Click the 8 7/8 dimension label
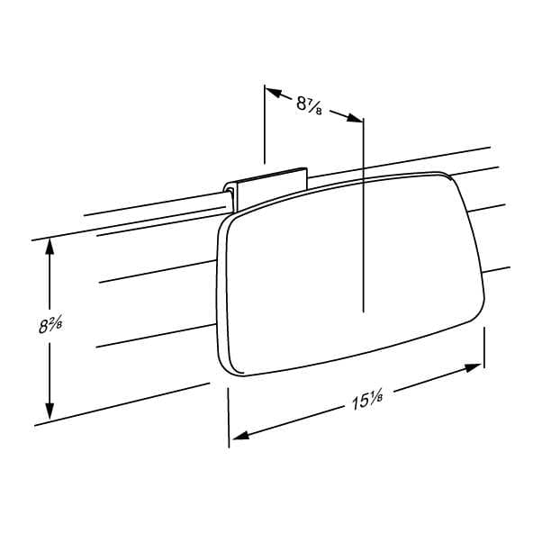pyautogui.click(x=309, y=105)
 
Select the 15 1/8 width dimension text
pyautogui.click(x=367, y=401)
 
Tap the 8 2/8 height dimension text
pyautogui.click(x=50, y=325)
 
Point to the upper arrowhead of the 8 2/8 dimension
pyautogui.click(x=50, y=247)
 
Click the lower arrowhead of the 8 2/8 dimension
pyautogui.click(x=50, y=411)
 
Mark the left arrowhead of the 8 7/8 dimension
pyautogui.click(x=274, y=93)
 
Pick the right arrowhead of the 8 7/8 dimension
pyautogui.click(x=355, y=118)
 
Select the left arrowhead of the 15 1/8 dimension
pyautogui.click(x=240, y=435)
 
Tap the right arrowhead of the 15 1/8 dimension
pyautogui.click(x=473, y=368)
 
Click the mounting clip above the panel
pyautogui.click(x=265, y=190)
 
